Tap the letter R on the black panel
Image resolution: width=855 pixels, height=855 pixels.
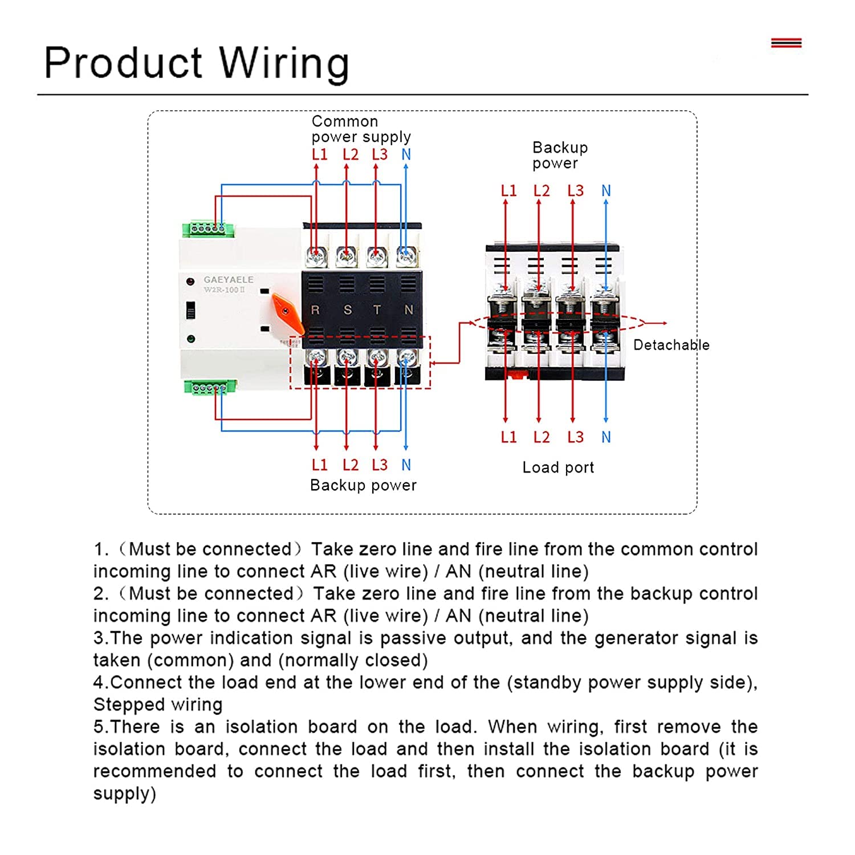pos(315,310)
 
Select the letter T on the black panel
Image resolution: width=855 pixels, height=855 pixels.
pos(377,310)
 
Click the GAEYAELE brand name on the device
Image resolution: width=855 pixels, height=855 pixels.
pos(229,280)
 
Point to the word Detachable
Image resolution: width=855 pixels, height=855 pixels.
pos(671,345)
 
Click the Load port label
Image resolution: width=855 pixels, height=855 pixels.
pos(558,467)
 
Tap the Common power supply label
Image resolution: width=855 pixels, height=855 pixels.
pos(361,129)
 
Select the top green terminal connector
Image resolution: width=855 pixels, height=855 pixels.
pos(208,229)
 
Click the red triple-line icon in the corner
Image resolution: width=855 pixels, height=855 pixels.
pos(786,43)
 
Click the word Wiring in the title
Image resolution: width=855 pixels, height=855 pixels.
pos(284,63)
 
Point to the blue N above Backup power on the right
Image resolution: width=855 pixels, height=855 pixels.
pos(606,191)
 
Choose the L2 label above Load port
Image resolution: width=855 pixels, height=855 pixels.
pos(541,437)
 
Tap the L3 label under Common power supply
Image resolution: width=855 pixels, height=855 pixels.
pos(380,154)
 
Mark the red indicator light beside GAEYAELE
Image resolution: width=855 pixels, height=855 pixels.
pos(190,282)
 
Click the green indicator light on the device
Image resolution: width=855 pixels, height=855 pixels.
pos(191,339)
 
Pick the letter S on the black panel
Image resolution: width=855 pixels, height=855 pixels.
pos(347,310)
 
